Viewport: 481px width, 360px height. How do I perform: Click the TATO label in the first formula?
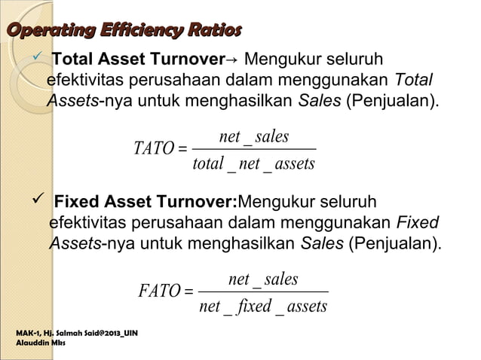(153, 148)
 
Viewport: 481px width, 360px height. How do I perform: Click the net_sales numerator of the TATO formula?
(254, 136)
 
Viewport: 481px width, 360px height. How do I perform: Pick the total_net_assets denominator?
(253, 163)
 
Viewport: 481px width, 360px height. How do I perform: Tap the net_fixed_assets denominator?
(263, 306)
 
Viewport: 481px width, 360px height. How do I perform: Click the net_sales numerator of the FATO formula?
(263, 279)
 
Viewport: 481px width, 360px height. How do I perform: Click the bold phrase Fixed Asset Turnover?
(146, 203)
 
